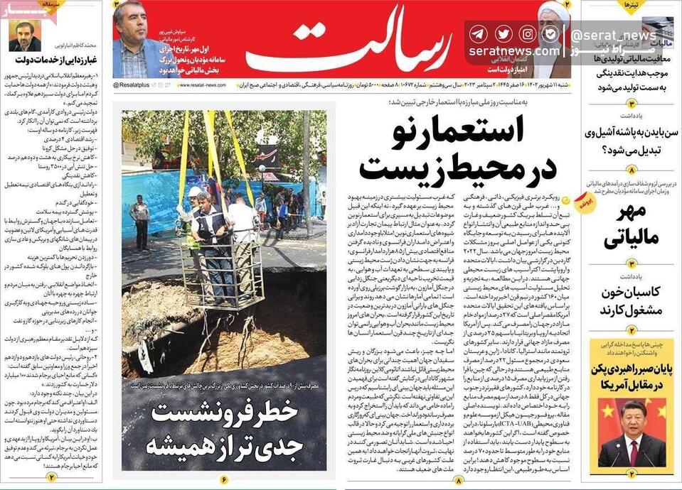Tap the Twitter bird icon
[x=503, y=33]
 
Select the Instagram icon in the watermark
[x=527, y=33]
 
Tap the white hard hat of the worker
[x=194, y=192]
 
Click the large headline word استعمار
[x=469, y=134]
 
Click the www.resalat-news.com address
[x=203, y=85]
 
